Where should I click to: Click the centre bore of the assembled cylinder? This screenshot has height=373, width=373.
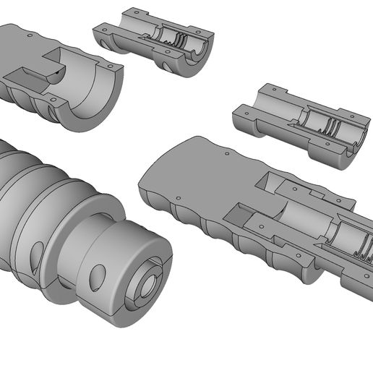pyautogui.click(x=147, y=283)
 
